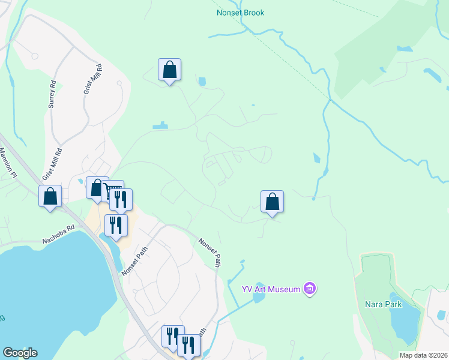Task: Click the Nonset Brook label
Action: tap(240, 13)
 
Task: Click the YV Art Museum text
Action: tap(270, 289)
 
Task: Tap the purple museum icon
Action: tap(310, 289)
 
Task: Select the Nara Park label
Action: tap(383, 304)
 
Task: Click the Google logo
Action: tap(19, 353)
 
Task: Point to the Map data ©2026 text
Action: tap(423, 355)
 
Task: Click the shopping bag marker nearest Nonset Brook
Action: tap(170, 70)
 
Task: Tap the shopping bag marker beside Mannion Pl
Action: tap(50, 196)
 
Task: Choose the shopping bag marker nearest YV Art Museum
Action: tap(272, 202)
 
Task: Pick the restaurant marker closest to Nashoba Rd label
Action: tap(116, 226)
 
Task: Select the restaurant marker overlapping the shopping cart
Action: tap(121, 200)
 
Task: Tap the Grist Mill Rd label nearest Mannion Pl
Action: tap(52, 164)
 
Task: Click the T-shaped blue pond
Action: tap(160, 126)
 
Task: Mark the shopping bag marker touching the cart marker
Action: tap(96, 188)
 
